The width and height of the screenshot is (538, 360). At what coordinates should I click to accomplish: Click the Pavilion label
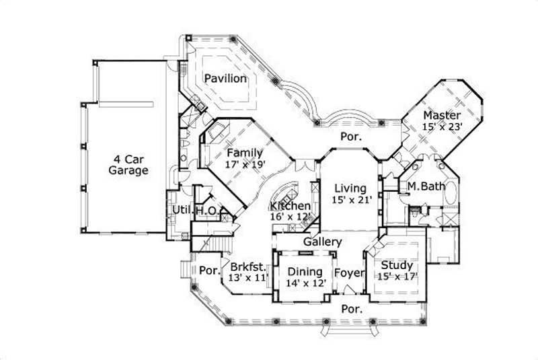tap(225, 79)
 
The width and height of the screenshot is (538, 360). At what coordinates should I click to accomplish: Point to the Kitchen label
tap(291, 206)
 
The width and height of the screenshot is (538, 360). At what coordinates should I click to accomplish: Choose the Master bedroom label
tap(442, 115)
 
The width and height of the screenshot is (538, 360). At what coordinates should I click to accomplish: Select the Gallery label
tap(323, 242)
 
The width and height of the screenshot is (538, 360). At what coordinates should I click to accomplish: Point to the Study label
tap(396, 265)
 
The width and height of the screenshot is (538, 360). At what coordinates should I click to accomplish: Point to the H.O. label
tap(205, 211)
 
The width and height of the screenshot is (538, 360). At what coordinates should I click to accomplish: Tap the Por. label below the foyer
tap(350, 310)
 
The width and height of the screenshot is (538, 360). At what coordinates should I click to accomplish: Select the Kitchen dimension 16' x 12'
tap(291, 217)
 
